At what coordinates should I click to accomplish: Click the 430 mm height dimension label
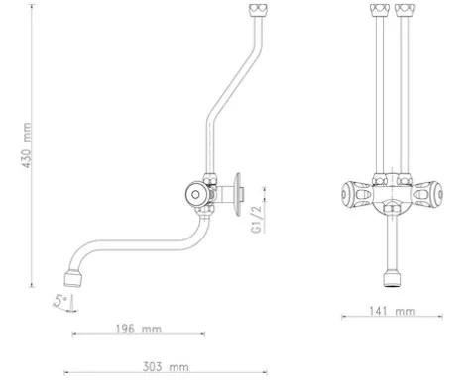point(27,145)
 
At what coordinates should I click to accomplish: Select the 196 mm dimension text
point(139,329)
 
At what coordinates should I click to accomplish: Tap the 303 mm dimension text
point(166,366)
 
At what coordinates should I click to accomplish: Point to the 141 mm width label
point(392,311)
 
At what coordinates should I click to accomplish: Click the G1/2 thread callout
point(257,219)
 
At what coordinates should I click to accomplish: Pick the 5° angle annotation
point(60,301)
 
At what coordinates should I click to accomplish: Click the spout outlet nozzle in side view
point(73,279)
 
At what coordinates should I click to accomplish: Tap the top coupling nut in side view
point(258,10)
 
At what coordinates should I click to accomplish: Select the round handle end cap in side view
point(196,194)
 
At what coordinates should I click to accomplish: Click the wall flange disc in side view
point(238,195)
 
